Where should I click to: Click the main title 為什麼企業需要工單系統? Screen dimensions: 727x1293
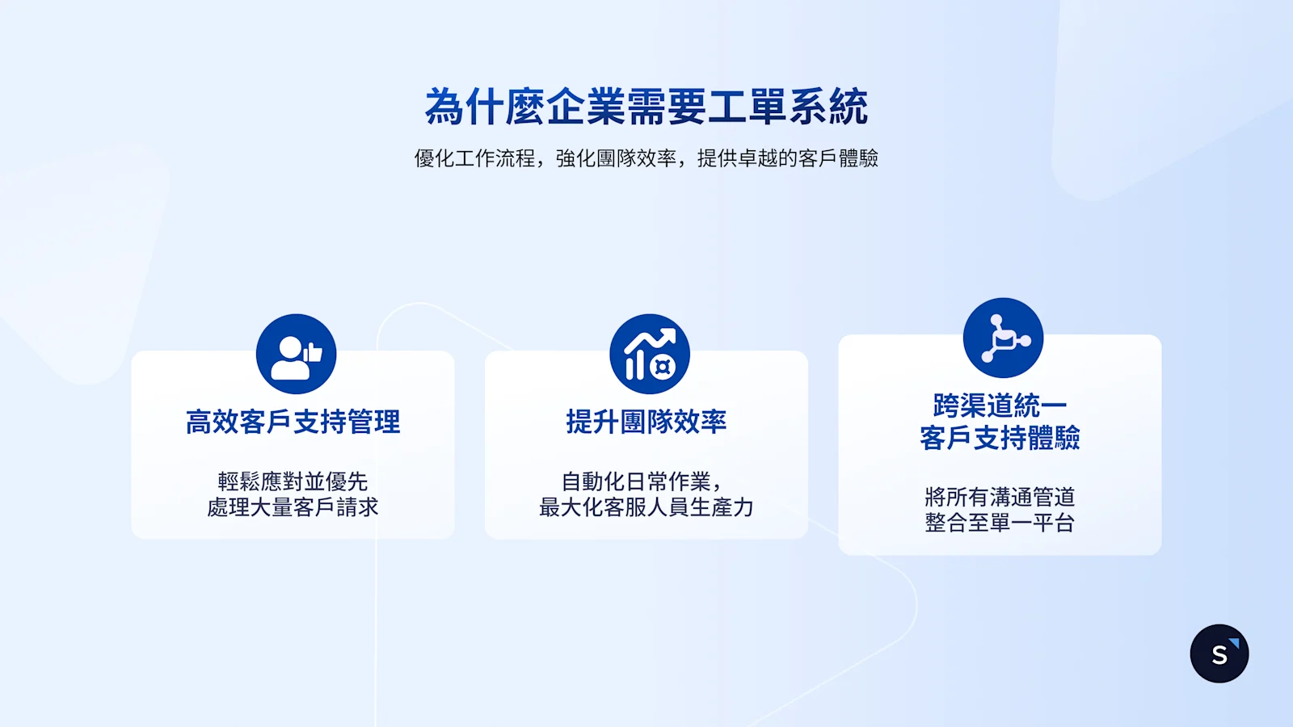646,107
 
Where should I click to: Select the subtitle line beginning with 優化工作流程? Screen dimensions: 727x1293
646,158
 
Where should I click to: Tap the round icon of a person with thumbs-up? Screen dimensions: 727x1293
296,354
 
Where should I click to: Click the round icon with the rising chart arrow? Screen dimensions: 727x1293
649,354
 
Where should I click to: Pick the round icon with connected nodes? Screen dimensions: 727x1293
1003,338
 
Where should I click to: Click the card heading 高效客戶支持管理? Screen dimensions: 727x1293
293,422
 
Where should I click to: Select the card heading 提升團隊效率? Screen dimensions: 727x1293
646,422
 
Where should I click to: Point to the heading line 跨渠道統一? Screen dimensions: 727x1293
1000,406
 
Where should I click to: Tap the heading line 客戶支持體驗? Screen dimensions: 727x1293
1000,438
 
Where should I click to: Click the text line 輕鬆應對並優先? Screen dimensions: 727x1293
293,481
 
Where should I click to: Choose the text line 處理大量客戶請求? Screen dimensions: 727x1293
293,507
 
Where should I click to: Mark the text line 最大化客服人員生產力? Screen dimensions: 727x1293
646,507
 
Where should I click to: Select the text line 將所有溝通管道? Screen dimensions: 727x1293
1000,497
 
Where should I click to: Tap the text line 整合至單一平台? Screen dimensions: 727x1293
1000,523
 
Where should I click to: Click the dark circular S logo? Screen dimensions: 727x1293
1219,653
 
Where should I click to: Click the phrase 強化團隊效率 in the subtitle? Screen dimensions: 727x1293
616,158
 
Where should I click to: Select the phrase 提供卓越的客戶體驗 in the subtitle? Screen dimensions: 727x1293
788,158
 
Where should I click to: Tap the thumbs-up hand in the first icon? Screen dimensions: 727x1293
313,352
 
